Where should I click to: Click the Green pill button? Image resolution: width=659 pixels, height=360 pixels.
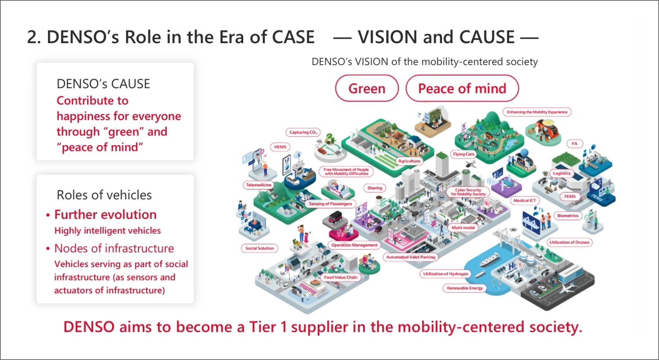(367, 88)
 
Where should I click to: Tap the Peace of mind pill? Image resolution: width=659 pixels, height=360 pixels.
(462, 88)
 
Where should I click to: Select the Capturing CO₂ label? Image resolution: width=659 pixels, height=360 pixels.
(303, 133)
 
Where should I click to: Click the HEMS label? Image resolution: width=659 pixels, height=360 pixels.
(280, 147)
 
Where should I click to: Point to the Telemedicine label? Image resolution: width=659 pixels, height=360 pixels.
(259, 185)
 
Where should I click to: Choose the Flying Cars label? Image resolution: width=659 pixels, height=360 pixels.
(464, 154)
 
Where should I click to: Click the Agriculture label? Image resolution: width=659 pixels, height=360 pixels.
(409, 161)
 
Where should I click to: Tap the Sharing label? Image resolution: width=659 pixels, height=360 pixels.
(375, 188)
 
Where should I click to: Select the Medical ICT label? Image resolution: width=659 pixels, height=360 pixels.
(525, 201)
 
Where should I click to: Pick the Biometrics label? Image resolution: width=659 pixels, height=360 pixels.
(568, 216)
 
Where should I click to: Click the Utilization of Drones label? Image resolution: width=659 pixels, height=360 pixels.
(570, 242)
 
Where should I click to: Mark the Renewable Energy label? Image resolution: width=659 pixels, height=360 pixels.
(465, 288)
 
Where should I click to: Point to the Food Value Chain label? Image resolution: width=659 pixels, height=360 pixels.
(340, 277)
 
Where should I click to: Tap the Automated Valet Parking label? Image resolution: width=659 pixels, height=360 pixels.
(411, 257)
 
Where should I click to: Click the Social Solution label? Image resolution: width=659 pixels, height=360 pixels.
(260, 248)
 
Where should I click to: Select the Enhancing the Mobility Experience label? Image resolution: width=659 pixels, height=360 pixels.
(537, 112)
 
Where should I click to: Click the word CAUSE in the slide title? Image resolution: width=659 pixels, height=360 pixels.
(487, 37)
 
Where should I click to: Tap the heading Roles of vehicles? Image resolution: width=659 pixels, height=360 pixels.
(104, 195)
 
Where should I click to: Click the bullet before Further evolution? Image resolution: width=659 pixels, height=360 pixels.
(48, 215)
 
